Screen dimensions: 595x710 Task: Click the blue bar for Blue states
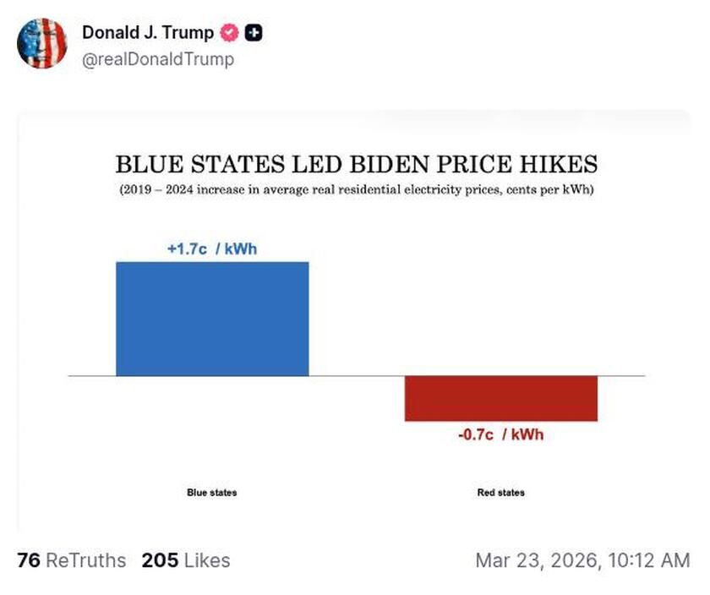click(x=212, y=319)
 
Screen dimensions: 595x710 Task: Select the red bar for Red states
click(x=501, y=398)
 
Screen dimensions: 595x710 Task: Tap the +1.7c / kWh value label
click(x=212, y=249)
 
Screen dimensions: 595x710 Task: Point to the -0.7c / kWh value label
click(x=501, y=434)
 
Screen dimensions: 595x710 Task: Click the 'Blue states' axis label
click(x=212, y=492)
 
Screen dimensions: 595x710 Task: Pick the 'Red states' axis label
click(x=501, y=492)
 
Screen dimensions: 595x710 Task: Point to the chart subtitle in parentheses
click(x=356, y=189)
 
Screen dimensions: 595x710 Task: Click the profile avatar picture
click(x=42, y=43)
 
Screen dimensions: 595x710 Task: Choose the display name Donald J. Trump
click(x=148, y=33)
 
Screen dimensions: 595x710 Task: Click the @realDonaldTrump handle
click(x=158, y=59)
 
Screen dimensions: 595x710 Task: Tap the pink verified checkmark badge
click(x=229, y=33)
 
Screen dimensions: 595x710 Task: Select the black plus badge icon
click(x=254, y=33)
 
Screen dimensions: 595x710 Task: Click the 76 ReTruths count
click(x=71, y=560)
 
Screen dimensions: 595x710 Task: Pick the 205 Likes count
click(x=185, y=560)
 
